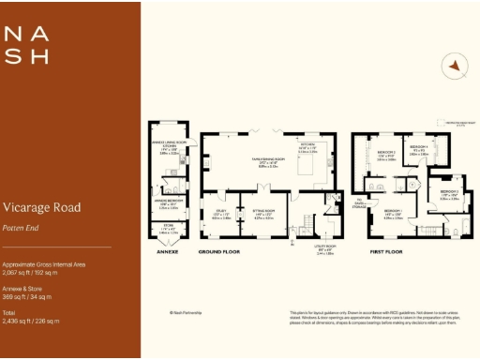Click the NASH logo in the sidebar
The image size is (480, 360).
pyautogui.click(x=25, y=45)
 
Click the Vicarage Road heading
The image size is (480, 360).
pyautogui.click(x=41, y=207)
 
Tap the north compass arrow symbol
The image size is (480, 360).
pyautogui.click(x=454, y=67)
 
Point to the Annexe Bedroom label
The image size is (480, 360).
pyautogui.click(x=167, y=202)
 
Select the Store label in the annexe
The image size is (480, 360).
pyautogui.click(x=167, y=228)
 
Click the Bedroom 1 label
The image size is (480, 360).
pyautogui.click(x=393, y=213)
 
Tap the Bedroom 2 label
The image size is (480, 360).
pyautogui.click(x=386, y=154)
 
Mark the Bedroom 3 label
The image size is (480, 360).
pyautogui.click(x=448, y=194)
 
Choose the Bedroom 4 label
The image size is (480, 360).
pyautogui.click(x=420, y=148)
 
